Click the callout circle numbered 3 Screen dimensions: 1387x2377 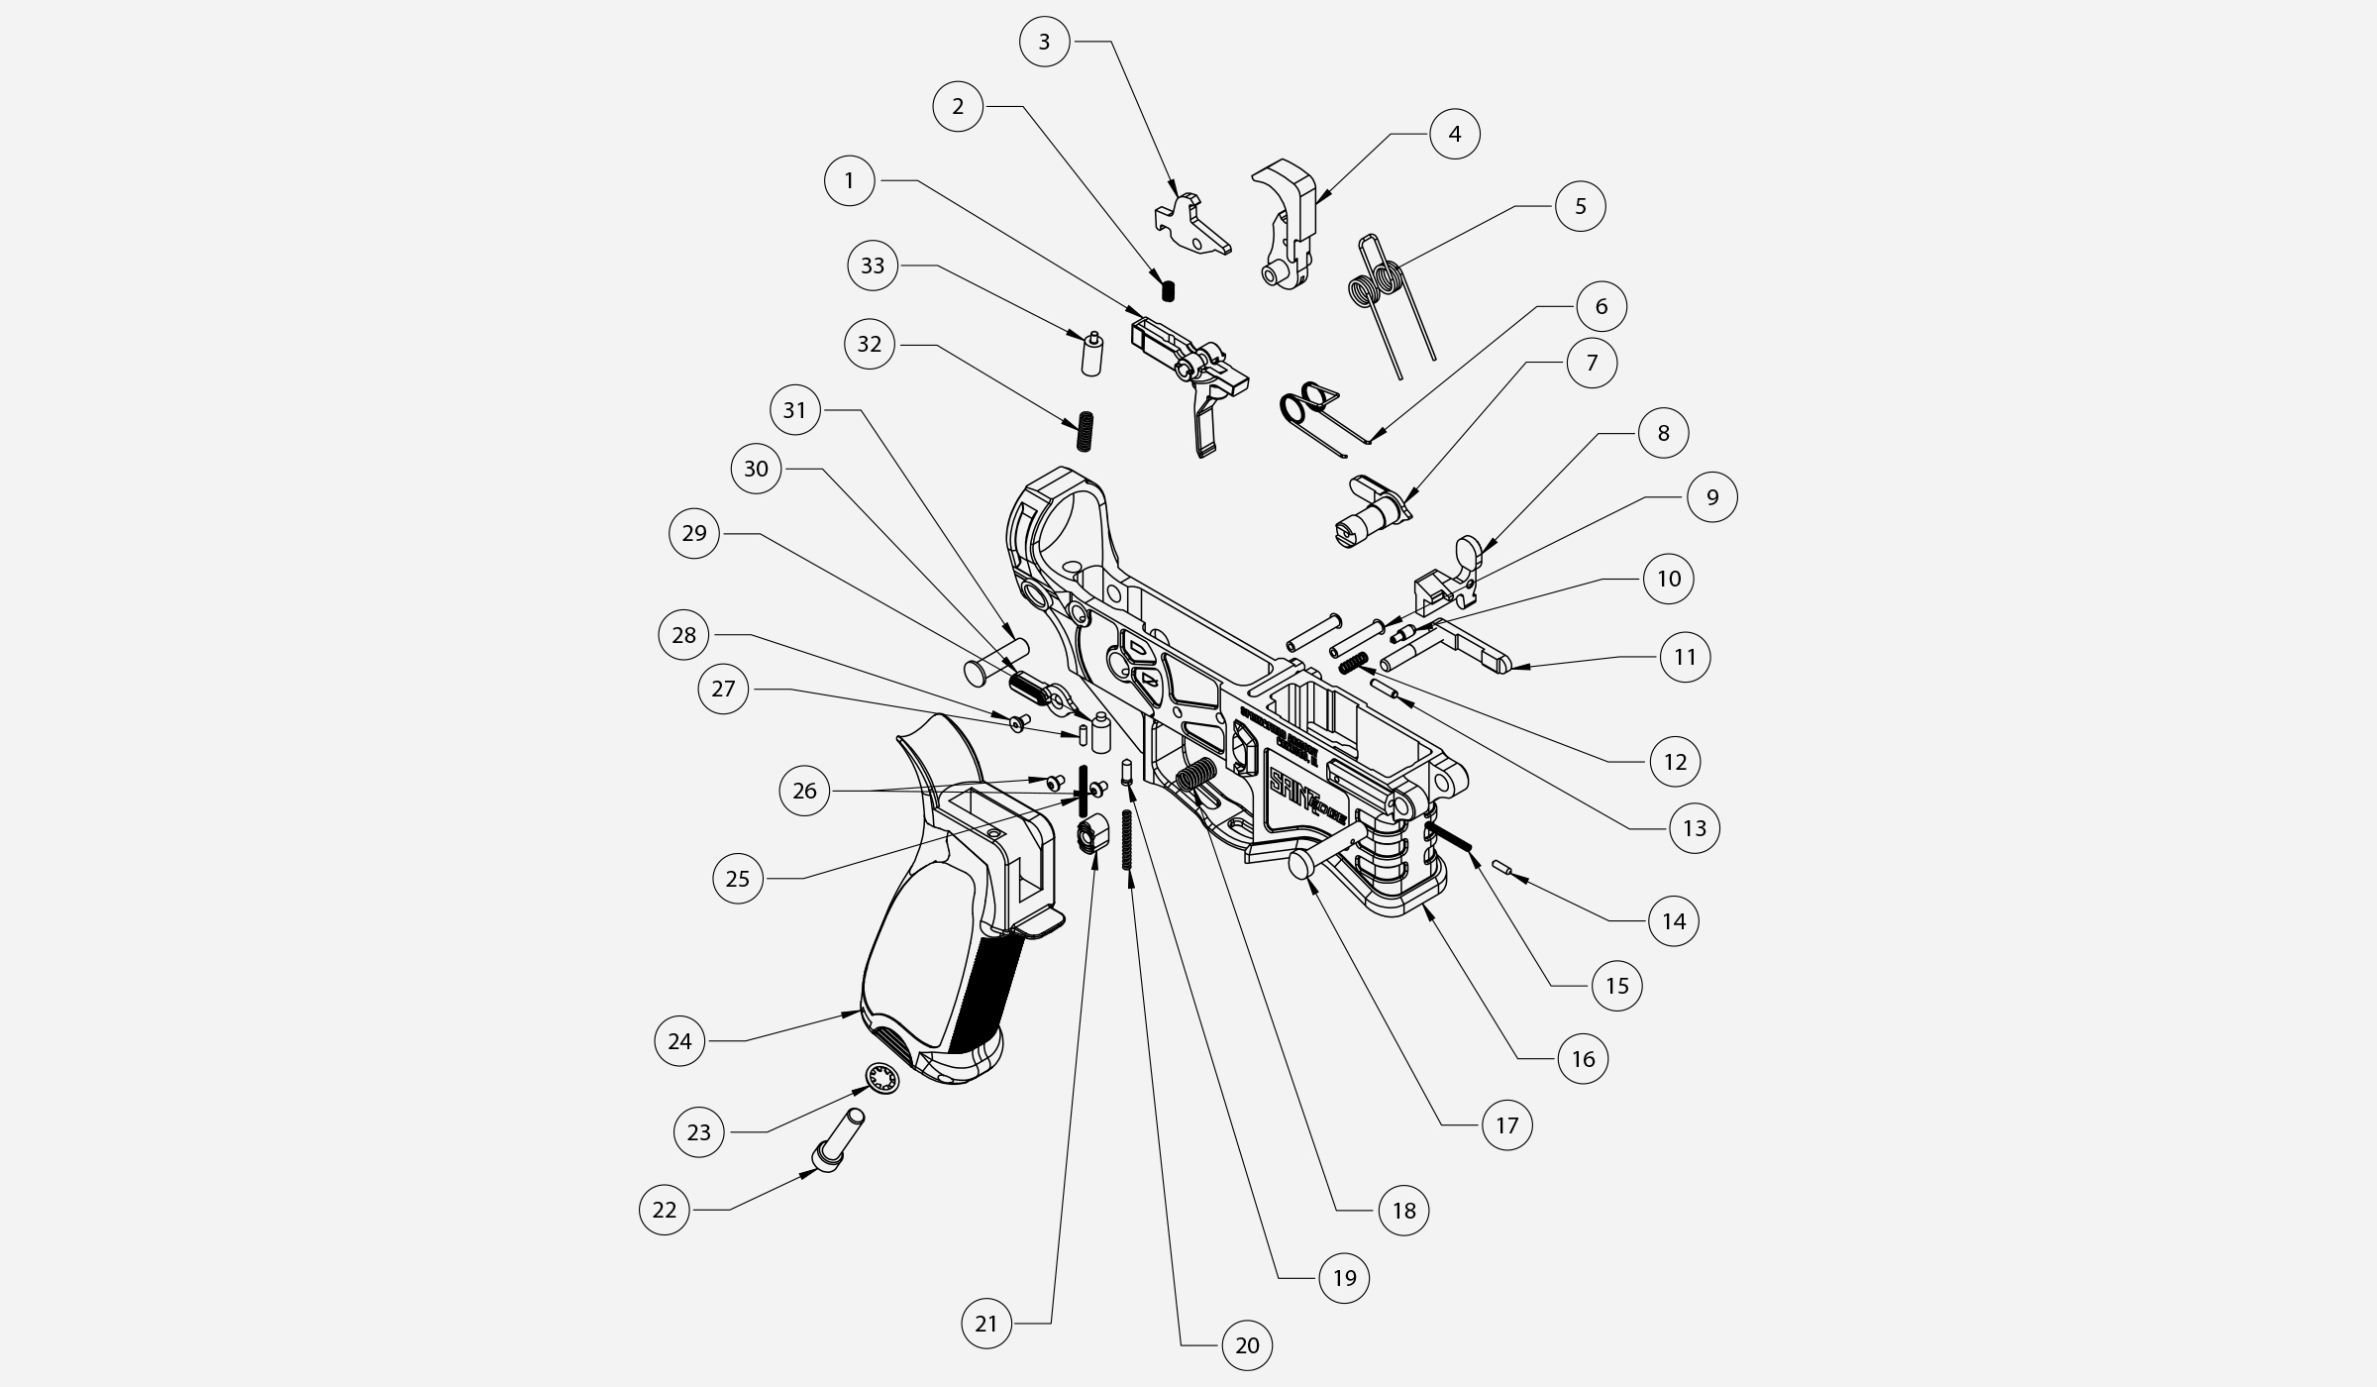click(x=1045, y=42)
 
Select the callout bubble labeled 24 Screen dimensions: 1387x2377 click(x=679, y=1040)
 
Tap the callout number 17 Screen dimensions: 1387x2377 click(x=1506, y=1125)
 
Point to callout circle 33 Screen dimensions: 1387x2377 click(x=873, y=266)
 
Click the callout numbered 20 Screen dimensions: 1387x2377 click(x=1247, y=1345)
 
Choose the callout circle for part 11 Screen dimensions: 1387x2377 click(x=1685, y=657)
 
